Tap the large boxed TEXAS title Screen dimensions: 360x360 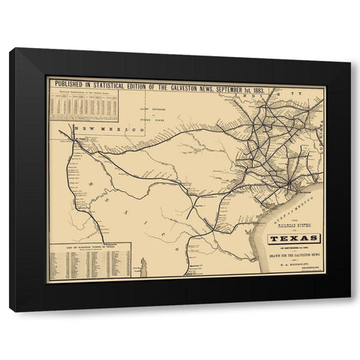tap(293, 240)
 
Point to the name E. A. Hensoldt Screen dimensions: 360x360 tap(293, 266)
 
